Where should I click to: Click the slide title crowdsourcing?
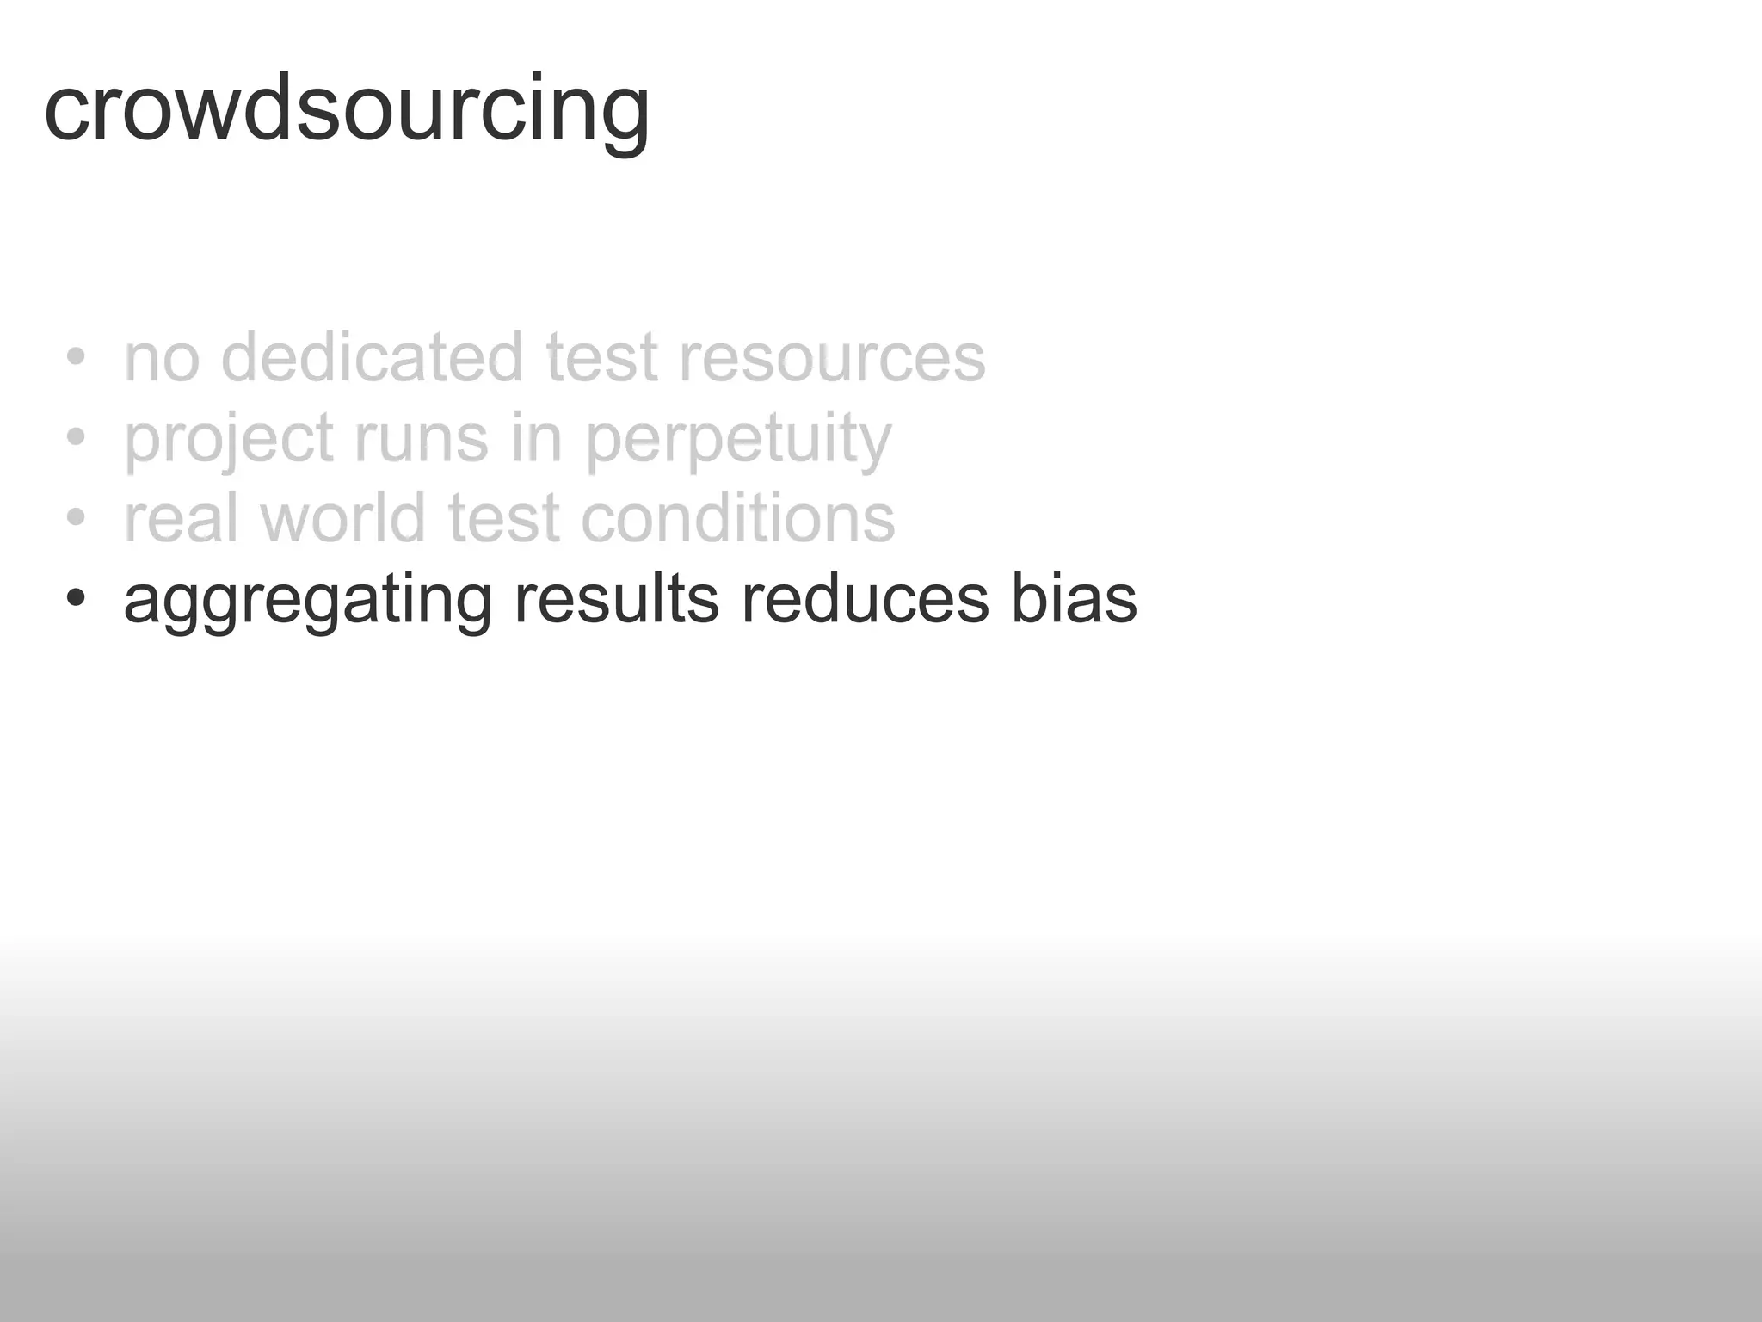pos(347,110)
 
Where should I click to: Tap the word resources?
pos(832,358)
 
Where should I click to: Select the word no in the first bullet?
pos(162,359)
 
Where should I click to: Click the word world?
pos(343,518)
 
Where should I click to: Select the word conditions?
pos(738,518)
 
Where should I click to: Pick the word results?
pos(616,599)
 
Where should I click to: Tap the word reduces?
pos(865,599)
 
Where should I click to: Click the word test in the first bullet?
pos(601,358)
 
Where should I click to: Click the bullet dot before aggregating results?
pos(76,598)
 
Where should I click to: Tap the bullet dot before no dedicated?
pos(76,356)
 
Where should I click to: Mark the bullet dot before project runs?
pos(76,437)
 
